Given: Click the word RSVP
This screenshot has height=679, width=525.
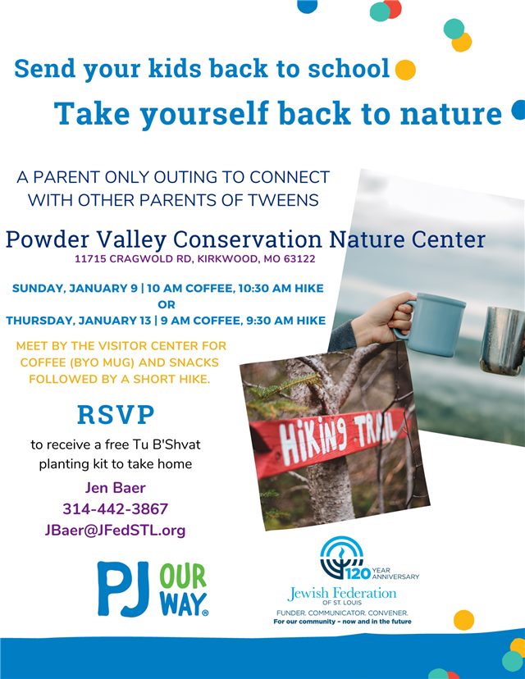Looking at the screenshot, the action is [x=116, y=414].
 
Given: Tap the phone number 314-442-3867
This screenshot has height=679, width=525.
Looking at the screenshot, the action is [x=115, y=508].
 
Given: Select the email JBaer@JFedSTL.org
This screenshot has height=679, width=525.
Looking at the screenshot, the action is [x=115, y=530].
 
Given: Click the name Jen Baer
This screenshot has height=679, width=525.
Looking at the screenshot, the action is [x=115, y=488].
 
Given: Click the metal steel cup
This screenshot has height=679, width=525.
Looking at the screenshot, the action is [x=503, y=340].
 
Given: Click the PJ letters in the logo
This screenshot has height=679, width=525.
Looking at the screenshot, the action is [x=123, y=589].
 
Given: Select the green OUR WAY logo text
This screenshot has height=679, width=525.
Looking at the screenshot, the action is [x=184, y=590].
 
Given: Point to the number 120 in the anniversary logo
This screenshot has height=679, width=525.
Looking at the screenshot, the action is [x=358, y=573].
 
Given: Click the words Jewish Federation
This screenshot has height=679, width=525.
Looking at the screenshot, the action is [x=342, y=593].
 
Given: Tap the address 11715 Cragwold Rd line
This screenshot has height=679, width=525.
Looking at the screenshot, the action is [x=195, y=259].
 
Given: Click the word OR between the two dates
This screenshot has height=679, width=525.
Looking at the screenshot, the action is [x=167, y=304].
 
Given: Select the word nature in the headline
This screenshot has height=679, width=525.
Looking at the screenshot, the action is [x=451, y=113].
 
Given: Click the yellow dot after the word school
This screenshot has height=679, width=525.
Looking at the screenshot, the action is [x=405, y=70].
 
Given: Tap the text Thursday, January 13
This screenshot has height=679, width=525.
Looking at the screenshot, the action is [x=78, y=321].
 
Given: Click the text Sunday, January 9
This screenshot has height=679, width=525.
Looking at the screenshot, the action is [x=75, y=289].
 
